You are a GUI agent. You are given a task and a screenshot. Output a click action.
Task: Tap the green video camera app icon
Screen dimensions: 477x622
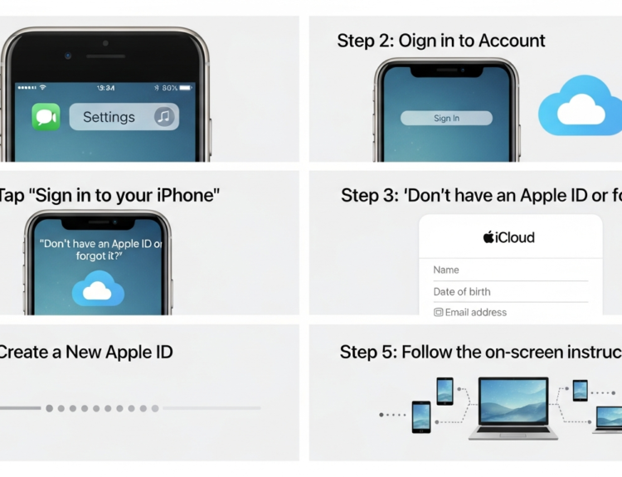46,117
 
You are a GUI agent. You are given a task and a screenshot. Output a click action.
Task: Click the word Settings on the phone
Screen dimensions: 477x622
109,117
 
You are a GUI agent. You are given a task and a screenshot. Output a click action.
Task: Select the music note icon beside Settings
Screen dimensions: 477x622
164,117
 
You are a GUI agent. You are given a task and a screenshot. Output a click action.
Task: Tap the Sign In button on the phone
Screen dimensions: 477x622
446,119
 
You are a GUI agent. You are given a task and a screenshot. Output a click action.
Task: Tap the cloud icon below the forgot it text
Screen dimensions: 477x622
98,291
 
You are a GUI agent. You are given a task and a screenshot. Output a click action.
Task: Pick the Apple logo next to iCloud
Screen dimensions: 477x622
488,237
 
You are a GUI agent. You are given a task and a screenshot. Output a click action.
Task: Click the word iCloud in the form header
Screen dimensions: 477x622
515,237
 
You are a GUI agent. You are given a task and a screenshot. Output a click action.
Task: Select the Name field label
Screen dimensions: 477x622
446,270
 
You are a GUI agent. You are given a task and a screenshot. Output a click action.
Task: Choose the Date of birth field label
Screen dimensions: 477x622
462,291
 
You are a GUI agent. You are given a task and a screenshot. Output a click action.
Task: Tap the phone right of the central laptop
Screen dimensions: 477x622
580,390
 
